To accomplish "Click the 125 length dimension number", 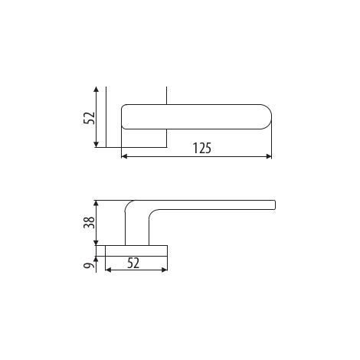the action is click(x=201, y=148).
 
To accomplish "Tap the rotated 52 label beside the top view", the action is click(x=89, y=118).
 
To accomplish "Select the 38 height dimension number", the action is click(x=89, y=222).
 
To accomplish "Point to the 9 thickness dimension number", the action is click(x=89, y=266).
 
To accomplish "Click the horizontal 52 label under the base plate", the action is click(x=133, y=263).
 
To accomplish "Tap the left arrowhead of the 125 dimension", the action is click(x=124, y=156).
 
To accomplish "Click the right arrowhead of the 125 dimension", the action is click(x=269, y=156).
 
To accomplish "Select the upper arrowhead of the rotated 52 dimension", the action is click(x=96, y=89).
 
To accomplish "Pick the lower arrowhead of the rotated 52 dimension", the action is click(x=96, y=145).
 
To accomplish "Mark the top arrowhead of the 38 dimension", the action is click(x=96, y=203).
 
